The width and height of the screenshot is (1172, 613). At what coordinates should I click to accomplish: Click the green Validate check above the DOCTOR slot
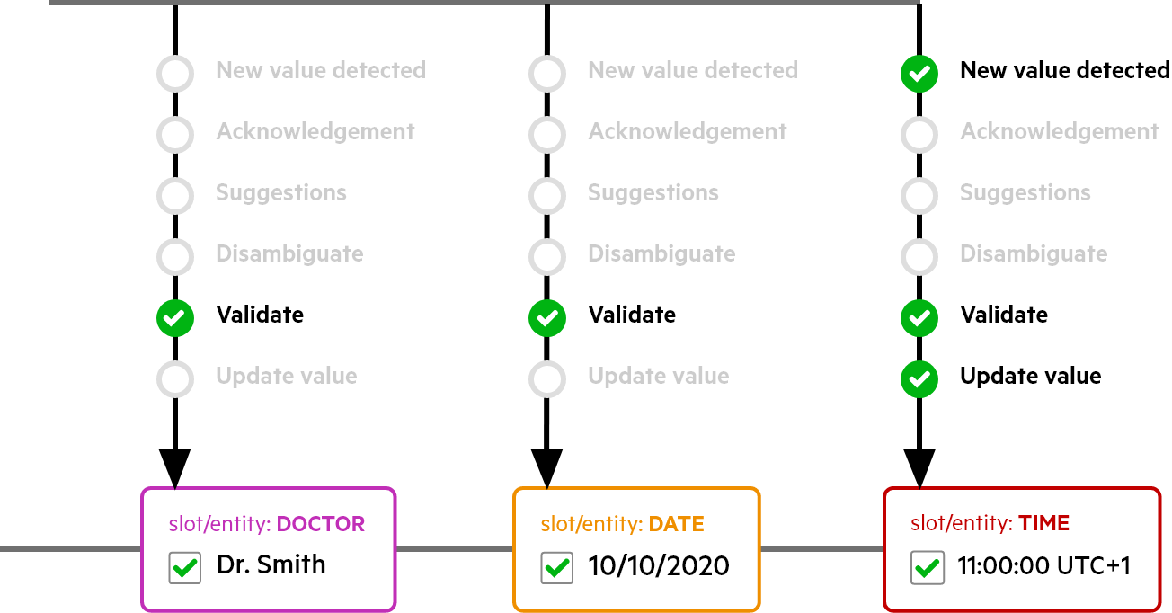[175, 318]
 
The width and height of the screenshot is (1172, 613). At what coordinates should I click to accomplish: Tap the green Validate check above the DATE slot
[547, 318]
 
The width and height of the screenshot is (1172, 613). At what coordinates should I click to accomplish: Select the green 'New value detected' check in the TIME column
[919, 73]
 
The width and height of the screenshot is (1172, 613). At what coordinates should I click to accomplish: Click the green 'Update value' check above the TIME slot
[919, 379]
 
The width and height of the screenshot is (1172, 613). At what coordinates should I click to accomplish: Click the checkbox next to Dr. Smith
[184, 567]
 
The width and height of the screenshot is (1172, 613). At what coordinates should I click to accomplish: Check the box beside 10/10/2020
[556, 567]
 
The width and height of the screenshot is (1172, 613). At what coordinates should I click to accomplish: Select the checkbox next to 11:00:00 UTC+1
[928, 567]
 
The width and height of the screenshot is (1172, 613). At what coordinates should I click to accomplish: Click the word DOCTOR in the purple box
[320, 524]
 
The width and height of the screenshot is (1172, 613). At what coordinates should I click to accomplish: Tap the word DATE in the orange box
[676, 524]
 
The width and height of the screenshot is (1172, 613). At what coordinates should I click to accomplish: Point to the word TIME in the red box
[1043, 523]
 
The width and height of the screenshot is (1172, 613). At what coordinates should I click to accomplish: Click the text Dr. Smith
[271, 564]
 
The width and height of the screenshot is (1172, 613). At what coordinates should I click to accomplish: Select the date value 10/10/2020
[658, 565]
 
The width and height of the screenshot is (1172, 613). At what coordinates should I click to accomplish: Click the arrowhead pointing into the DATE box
[547, 468]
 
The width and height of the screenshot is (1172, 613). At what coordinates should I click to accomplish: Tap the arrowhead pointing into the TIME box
[919, 468]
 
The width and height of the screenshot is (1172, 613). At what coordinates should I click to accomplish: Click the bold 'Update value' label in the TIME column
[1030, 376]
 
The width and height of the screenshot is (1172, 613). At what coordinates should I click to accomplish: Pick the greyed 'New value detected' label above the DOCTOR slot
[321, 70]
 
